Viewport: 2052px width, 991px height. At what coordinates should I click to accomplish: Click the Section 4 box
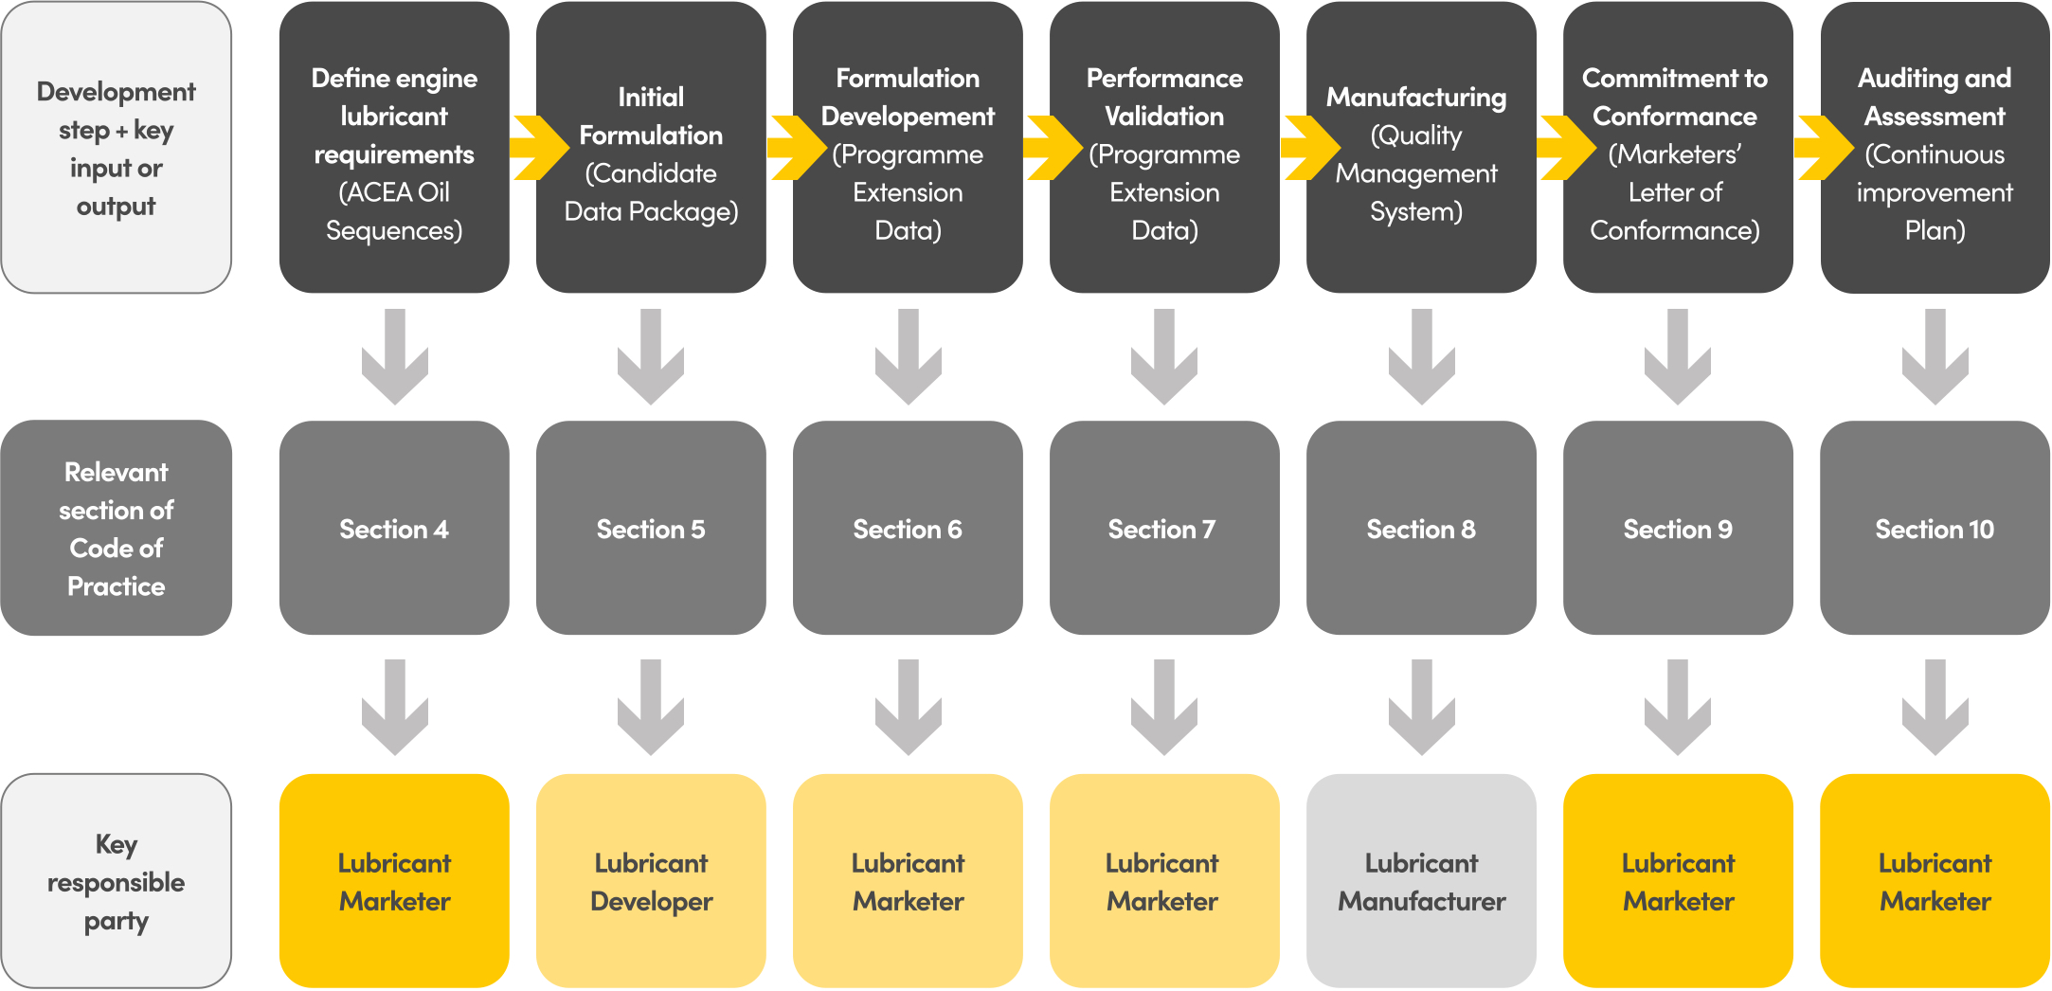point(394,528)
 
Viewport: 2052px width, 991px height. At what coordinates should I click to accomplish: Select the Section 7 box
point(1164,528)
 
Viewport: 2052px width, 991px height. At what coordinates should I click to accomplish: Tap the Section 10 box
point(1935,528)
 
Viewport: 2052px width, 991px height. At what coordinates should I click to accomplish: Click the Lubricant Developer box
point(651,881)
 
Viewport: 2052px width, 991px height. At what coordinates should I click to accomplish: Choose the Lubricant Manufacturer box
point(1421,881)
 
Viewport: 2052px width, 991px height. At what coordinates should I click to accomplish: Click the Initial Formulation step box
point(651,147)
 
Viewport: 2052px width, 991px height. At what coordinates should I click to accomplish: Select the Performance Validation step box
point(1164,147)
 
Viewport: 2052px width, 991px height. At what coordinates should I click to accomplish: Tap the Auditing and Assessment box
point(1935,147)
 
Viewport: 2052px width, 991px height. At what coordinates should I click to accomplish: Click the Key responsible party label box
point(117,881)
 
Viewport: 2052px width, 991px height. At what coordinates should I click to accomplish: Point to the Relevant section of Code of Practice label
point(117,528)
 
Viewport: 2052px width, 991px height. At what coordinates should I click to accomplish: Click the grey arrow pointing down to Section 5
point(651,357)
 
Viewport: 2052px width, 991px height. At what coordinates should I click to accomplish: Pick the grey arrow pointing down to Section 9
point(1678,357)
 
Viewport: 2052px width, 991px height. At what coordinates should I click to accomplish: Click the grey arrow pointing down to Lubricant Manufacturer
point(1421,708)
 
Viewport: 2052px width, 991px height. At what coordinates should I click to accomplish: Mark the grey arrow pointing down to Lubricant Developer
point(651,708)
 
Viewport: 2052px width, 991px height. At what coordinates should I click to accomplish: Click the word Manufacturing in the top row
point(1416,99)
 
